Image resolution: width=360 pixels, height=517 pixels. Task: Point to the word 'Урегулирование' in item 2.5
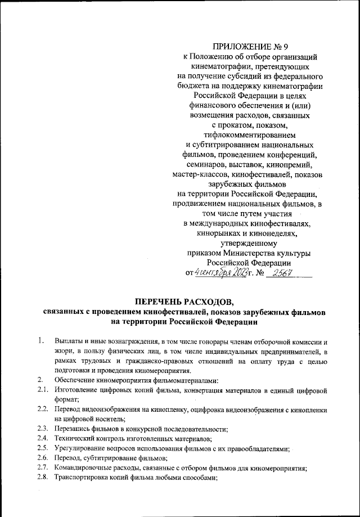pyautogui.click(x=81, y=448)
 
